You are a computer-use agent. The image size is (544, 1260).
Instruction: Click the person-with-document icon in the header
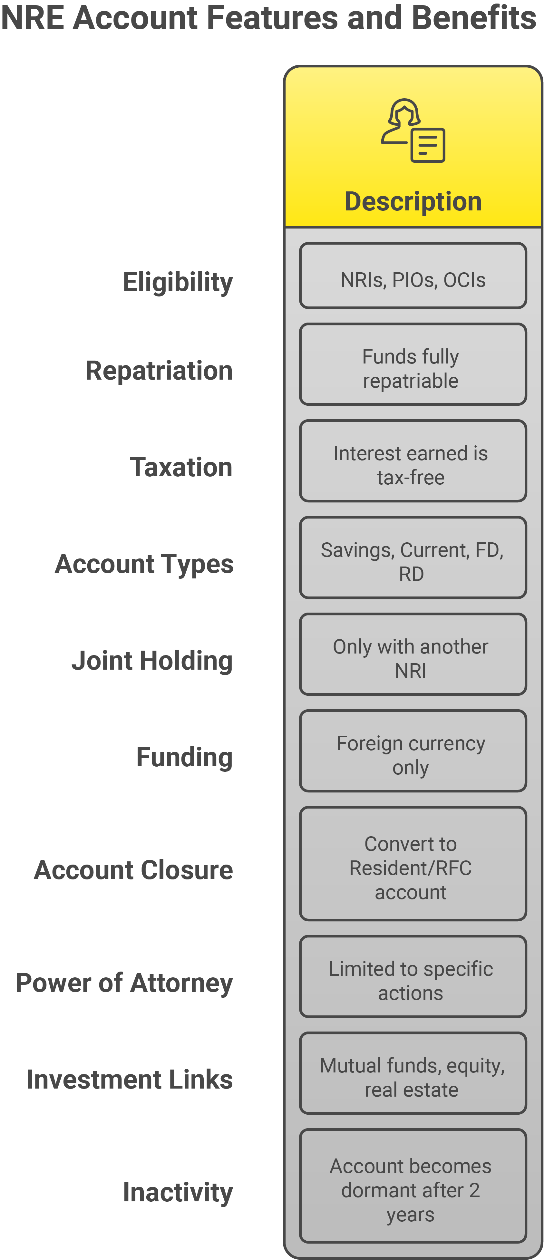pyautogui.click(x=413, y=130)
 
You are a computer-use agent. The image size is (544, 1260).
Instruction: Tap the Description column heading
pyautogui.click(x=413, y=201)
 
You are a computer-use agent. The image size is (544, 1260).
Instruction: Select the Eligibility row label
pyautogui.click(x=178, y=283)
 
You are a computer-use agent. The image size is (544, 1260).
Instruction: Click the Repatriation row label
pyautogui.click(x=159, y=370)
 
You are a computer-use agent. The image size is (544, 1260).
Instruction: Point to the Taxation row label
pyautogui.click(x=181, y=467)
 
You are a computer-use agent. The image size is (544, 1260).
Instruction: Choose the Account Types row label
pyautogui.click(x=144, y=564)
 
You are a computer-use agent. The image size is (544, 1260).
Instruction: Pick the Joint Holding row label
pyautogui.click(x=152, y=661)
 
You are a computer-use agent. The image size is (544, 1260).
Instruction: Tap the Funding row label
pyautogui.click(x=184, y=758)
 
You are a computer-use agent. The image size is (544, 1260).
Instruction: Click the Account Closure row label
pyautogui.click(x=133, y=870)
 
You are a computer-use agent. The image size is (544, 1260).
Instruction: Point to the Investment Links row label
pyautogui.click(x=130, y=1080)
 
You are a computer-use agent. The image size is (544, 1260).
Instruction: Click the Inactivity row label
pyautogui.click(x=178, y=1192)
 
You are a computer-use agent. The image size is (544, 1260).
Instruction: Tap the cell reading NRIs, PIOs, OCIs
pyautogui.click(x=413, y=276)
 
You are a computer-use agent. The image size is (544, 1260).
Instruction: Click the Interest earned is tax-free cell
pyautogui.click(x=413, y=461)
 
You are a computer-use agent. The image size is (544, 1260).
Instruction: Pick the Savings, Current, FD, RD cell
pyautogui.click(x=413, y=557)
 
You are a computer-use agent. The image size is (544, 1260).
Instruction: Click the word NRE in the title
pyautogui.click(x=33, y=18)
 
